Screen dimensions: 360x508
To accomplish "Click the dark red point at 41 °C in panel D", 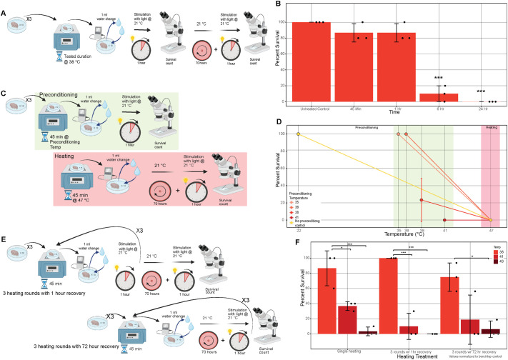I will pyautogui.click(x=444, y=220).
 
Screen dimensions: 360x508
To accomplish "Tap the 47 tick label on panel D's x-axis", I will pyautogui.click(x=490, y=231).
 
